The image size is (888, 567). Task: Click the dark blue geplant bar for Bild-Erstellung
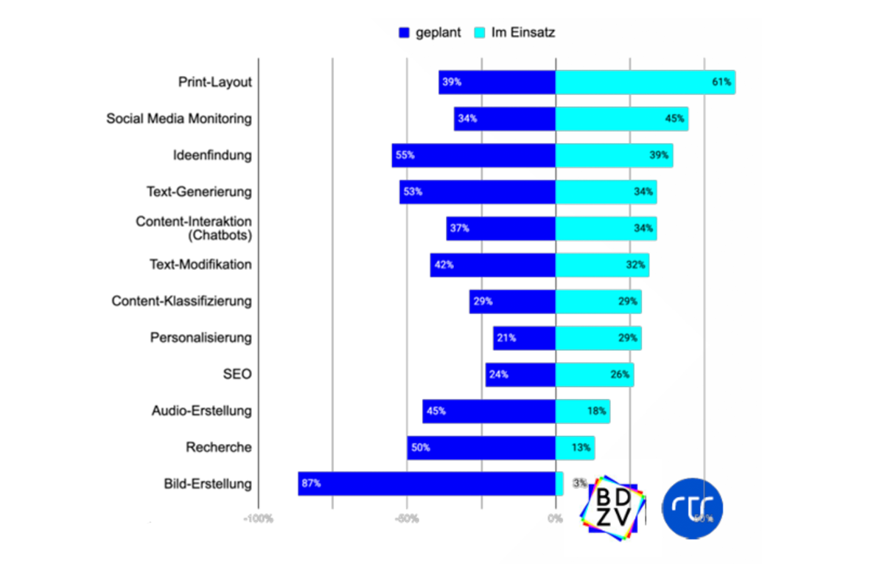point(427,484)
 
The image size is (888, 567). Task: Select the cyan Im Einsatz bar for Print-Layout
point(646,82)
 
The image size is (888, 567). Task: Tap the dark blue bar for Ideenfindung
point(474,156)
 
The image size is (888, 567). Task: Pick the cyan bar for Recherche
point(576,448)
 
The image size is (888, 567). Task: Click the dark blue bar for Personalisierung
point(525,338)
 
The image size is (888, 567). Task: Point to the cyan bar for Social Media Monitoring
point(622,119)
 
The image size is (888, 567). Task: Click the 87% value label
point(311,484)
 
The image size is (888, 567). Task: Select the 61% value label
point(721,82)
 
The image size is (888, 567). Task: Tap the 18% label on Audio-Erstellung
point(597,411)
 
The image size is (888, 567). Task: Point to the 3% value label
point(579,483)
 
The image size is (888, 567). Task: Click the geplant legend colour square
point(404,32)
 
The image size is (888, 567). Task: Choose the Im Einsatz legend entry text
point(523,32)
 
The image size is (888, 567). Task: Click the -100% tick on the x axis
point(259,518)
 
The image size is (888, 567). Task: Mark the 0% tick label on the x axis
point(556,518)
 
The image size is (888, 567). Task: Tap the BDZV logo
point(613,508)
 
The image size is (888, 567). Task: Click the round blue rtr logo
point(693,508)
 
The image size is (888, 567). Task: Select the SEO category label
point(237,375)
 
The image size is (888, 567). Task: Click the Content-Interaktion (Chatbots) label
point(194,229)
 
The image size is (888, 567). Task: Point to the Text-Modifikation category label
point(200,265)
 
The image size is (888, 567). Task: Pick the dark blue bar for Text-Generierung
point(478,192)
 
